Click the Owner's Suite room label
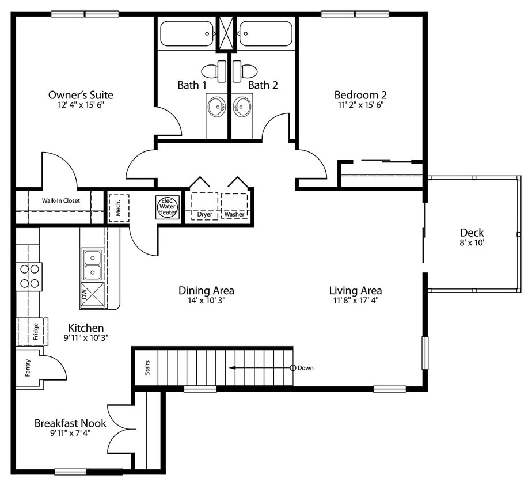coord(81,95)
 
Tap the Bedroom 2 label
coord(360,95)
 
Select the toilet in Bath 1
coord(219,70)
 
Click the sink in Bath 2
coord(242,107)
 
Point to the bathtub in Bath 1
coord(187,33)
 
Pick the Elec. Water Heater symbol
coord(168,206)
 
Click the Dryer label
coord(205,214)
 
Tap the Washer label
coord(234,214)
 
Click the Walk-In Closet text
coord(61,201)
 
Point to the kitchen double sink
coord(92,265)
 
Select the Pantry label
coord(28,369)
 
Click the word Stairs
coord(146,367)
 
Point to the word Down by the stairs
coord(306,368)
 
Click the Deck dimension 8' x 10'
coord(472,244)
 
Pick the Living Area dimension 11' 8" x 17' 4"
coord(355,301)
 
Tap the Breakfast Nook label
coord(70,423)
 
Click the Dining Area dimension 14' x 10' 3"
coord(206,301)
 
